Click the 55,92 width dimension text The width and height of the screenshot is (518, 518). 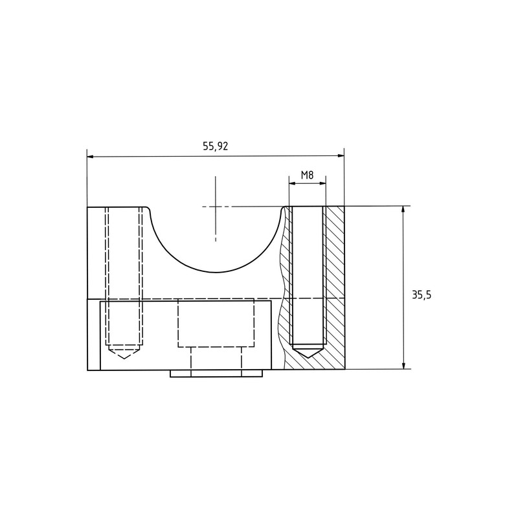point(216,146)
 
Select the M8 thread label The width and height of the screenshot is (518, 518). point(307,175)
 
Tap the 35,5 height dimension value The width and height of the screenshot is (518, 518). point(422,295)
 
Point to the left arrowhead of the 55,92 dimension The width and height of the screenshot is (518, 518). point(91,156)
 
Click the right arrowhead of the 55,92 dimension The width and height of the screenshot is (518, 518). point(340,156)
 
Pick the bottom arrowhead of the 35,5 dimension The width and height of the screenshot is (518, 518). point(403,365)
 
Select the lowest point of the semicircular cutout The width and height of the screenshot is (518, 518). point(216,273)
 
